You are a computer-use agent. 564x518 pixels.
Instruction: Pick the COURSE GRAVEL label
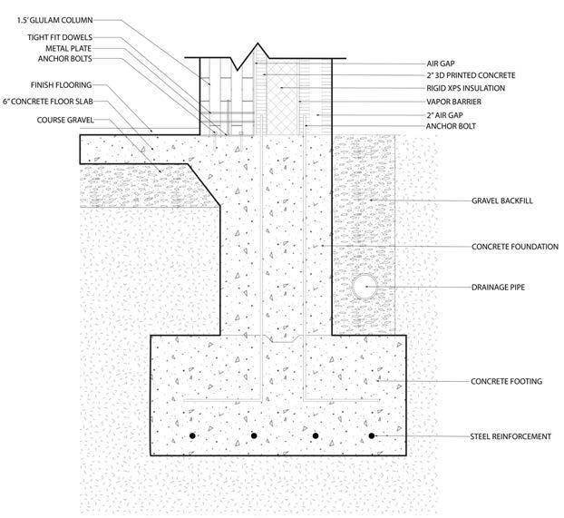point(65,120)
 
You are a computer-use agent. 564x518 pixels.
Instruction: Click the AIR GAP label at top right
point(442,64)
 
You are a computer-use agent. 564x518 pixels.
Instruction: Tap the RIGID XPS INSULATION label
point(466,88)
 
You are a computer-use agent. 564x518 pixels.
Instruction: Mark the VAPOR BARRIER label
point(453,102)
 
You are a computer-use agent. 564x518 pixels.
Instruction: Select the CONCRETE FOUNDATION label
point(512,246)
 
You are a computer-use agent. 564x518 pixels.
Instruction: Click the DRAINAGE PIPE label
point(500,287)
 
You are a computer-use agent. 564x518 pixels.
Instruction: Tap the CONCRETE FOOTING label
point(507,381)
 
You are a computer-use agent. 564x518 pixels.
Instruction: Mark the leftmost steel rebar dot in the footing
point(192,436)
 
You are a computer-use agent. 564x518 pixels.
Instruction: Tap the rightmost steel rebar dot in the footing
point(371,436)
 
